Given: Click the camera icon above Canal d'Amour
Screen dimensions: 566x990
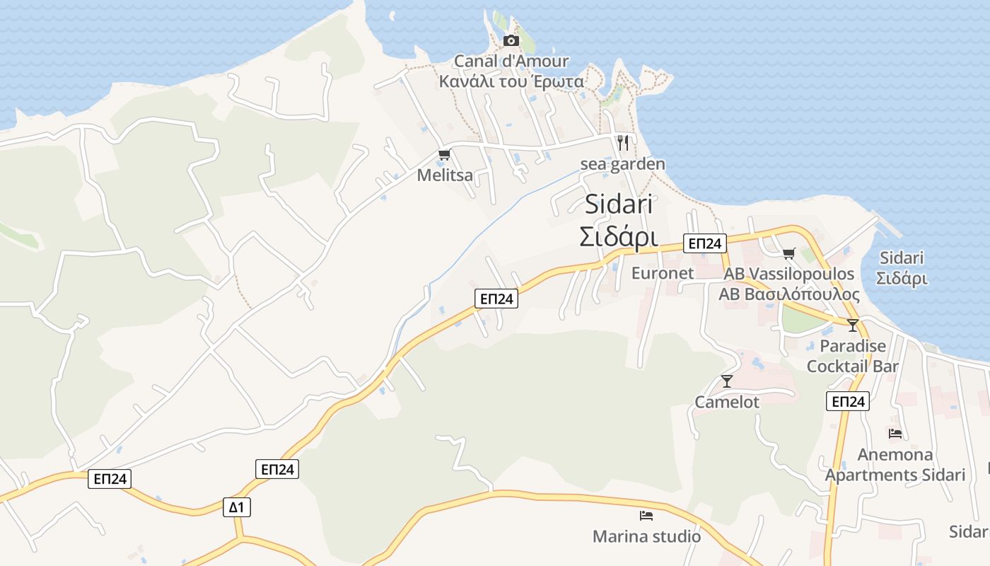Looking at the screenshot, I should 511,41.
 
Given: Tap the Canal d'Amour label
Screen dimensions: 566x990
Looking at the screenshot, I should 511,62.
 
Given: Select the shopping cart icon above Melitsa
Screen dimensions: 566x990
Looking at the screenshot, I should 444,155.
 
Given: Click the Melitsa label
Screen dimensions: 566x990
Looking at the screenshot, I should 445,175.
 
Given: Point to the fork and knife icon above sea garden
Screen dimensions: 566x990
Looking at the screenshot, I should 622,143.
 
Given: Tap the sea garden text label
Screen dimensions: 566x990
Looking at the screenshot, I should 622,164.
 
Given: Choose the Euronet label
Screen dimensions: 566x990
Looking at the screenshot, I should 662,273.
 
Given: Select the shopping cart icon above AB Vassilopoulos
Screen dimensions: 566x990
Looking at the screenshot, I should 789,253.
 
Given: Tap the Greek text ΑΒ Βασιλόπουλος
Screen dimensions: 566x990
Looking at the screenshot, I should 789,294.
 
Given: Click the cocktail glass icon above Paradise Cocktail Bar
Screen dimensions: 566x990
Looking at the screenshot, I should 853,325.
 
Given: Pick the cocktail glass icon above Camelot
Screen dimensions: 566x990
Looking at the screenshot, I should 726,381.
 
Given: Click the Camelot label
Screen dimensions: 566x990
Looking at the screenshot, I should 726,402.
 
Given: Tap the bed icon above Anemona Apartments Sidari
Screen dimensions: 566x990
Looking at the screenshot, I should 895,434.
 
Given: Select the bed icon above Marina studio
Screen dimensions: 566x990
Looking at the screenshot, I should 646,516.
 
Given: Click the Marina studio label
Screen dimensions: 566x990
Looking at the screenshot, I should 646,536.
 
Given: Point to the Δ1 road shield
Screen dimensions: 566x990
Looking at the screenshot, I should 236,507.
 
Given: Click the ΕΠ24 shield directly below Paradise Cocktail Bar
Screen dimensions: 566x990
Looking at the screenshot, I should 847,402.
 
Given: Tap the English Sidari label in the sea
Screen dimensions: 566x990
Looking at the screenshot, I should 902,258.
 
